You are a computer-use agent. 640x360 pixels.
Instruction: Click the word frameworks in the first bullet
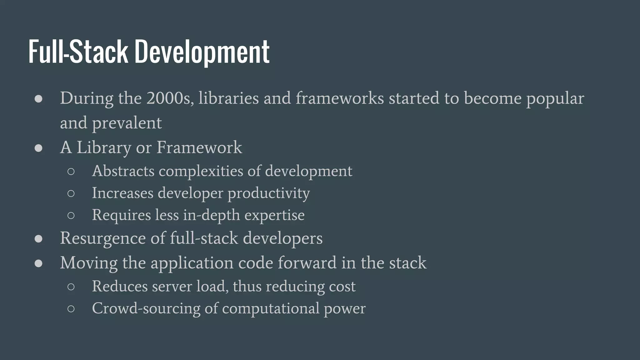339,98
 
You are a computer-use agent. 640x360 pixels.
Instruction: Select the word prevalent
127,123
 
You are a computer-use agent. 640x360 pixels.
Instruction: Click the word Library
104,147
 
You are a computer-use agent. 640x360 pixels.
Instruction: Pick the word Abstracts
123,171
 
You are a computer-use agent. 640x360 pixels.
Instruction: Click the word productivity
268,193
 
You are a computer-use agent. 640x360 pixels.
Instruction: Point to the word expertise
274,215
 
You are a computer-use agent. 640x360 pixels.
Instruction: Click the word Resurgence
103,238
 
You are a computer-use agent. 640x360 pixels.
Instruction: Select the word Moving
89,263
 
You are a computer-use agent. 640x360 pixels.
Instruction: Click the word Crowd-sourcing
146,308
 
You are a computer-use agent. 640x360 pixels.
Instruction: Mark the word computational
271,308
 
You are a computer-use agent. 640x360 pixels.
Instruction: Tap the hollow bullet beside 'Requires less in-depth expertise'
71,215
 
